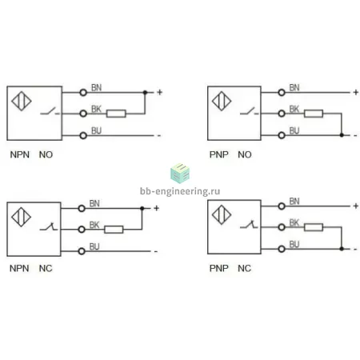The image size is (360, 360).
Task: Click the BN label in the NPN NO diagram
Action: pyautogui.click(x=96, y=87)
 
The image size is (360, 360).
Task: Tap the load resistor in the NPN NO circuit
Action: pyautogui.click(x=116, y=114)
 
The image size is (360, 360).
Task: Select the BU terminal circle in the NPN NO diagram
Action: pyautogui.click(x=83, y=135)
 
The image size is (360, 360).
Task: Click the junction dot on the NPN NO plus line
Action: pyautogui.click(x=145, y=93)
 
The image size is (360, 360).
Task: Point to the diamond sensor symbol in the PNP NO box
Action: pyautogui.click(x=222, y=101)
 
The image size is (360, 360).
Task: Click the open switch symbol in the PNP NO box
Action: pyautogui.click(x=250, y=111)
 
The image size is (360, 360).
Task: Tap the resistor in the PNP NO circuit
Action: pyautogui.click(x=314, y=114)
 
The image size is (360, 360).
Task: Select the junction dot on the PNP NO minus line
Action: pyautogui.click(x=342, y=135)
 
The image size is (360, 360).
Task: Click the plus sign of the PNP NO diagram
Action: pyautogui.click(x=355, y=92)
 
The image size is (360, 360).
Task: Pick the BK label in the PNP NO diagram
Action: pyautogui.click(x=294, y=109)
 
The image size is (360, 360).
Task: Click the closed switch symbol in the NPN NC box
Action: pyautogui.click(x=49, y=226)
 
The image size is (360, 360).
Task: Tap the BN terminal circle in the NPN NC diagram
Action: pyautogui.click(x=82, y=208)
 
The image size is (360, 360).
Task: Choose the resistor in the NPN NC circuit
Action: pyautogui.click(x=114, y=230)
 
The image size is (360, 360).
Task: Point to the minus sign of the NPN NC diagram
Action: pyautogui.click(x=156, y=251)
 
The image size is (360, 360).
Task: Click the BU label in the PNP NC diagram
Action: pyautogui.click(x=294, y=244)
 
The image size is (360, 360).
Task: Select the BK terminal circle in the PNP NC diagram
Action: pyautogui.click(x=282, y=227)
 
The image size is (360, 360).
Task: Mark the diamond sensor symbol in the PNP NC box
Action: pyautogui.click(x=222, y=214)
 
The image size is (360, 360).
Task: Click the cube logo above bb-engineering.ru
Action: pyautogui.click(x=180, y=174)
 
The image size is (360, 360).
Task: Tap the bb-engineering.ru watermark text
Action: pyautogui.click(x=180, y=191)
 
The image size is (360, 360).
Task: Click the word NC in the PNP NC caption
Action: pyautogui.click(x=244, y=268)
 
